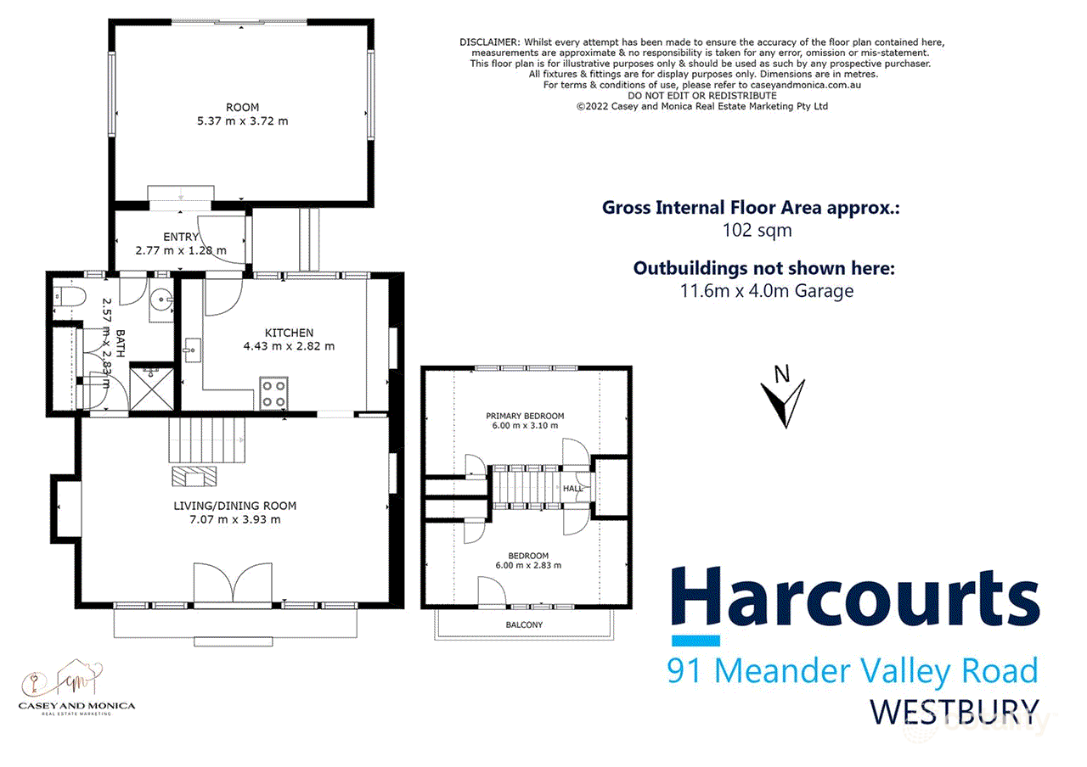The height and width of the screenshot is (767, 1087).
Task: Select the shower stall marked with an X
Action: coord(148,386)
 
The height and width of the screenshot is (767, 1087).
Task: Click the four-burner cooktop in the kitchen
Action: coord(273,394)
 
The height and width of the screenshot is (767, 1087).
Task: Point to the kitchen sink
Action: coord(189,349)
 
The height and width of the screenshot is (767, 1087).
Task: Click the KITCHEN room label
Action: coord(289,333)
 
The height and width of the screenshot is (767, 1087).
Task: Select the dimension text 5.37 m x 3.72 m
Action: coord(242,120)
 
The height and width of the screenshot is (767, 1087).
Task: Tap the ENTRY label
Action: coord(180,237)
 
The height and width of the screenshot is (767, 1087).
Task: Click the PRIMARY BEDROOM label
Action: coord(525,416)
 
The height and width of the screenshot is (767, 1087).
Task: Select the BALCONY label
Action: coord(525,624)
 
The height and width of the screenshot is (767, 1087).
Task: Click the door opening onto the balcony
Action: coord(493,592)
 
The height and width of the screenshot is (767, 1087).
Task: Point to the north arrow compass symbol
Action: coord(782,399)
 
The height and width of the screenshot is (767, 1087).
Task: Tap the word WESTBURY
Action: coord(955,711)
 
